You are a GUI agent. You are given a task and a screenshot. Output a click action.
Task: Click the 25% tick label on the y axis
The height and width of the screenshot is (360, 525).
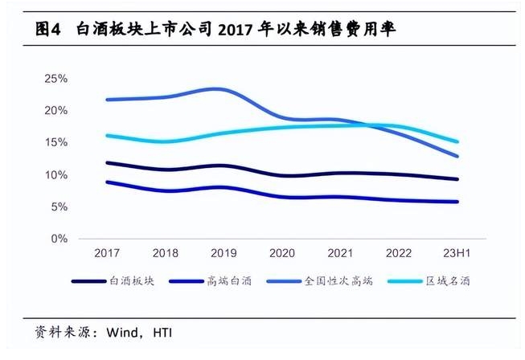[55, 79]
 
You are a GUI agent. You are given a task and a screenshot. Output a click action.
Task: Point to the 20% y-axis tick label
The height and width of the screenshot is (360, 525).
[55, 111]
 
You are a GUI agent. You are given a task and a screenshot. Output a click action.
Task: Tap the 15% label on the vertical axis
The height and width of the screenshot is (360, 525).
[55, 143]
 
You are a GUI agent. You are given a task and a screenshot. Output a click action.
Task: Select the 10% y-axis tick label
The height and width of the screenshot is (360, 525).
[55, 175]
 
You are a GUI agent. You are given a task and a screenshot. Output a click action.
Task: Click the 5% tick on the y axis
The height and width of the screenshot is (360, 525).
[59, 207]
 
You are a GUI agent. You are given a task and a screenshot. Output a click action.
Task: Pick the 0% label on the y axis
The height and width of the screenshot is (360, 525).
[59, 239]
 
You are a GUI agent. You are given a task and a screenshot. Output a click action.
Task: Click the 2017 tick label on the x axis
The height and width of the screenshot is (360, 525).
[107, 253]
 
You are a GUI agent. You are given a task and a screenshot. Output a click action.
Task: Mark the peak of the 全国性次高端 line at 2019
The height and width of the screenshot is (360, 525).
[215, 89]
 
